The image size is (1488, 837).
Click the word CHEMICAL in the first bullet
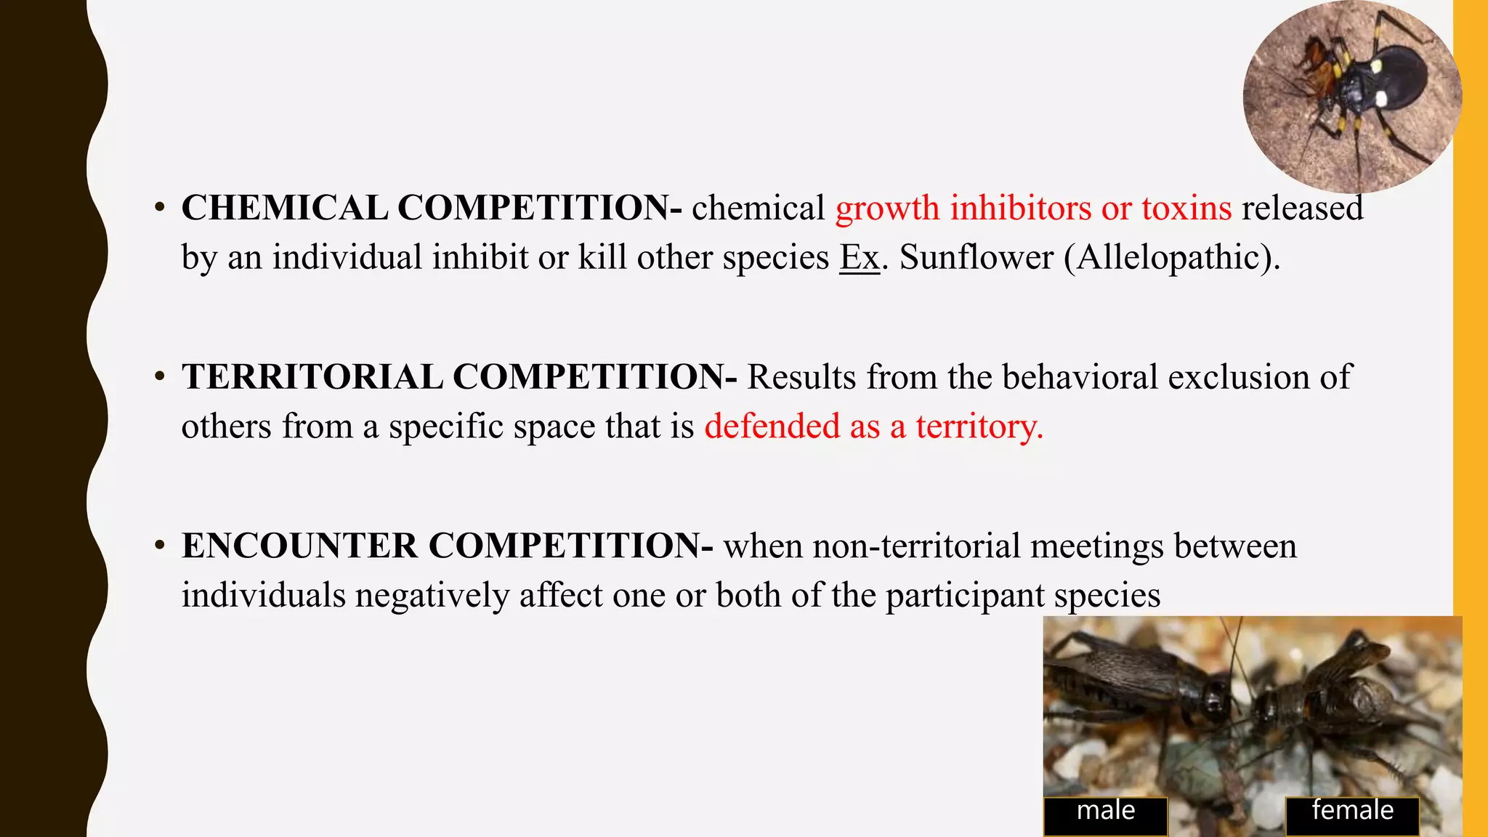[x=284, y=209]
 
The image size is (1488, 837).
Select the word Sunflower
[x=976, y=257]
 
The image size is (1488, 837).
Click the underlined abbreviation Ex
[x=860, y=257]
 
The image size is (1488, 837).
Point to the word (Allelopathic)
[x=1172, y=257]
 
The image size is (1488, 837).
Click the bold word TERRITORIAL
[x=312, y=378]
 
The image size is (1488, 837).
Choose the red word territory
[x=979, y=426]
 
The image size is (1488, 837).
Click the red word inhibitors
[x=1021, y=209]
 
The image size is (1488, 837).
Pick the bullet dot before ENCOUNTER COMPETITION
[x=160, y=545]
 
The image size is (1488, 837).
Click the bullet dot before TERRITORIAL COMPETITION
[x=160, y=376]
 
